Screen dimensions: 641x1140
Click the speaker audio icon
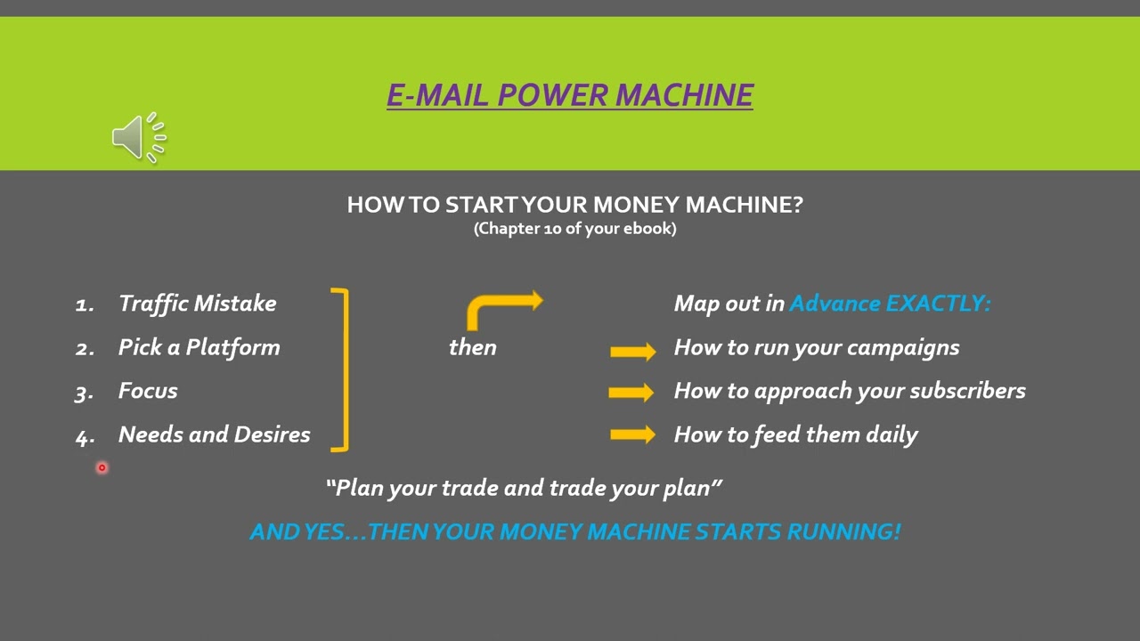point(139,138)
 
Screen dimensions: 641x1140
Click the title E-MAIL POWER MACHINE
point(570,94)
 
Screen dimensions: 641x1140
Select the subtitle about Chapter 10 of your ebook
point(574,229)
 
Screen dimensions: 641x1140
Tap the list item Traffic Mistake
point(197,304)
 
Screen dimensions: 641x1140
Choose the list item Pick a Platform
point(199,347)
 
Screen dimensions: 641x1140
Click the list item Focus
point(148,391)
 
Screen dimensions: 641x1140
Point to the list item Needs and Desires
point(214,434)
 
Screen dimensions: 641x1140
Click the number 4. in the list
point(85,436)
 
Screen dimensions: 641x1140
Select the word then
point(472,347)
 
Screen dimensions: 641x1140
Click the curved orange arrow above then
point(503,308)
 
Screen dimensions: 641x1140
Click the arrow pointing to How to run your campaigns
point(632,351)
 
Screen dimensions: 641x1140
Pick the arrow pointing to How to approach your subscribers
point(631,392)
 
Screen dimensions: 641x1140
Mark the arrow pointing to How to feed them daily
point(632,434)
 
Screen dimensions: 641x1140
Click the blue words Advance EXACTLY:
point(889,304)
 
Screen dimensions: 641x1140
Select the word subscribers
point(967,391)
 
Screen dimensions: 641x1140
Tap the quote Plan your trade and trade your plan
point(524,488)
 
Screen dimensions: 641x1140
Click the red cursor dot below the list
point(102,467)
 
